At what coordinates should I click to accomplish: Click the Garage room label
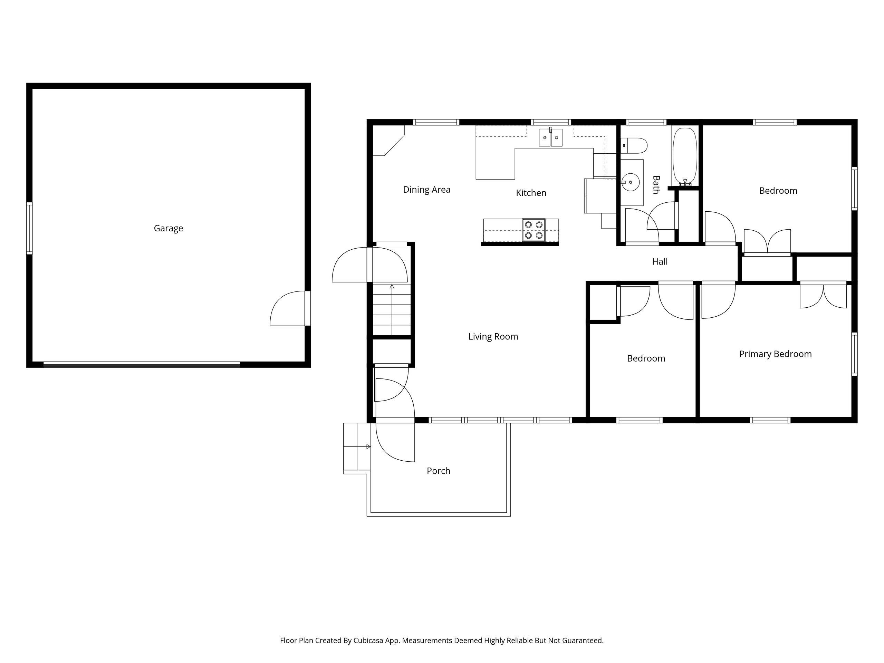coord(168,228)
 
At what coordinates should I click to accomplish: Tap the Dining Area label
coord(426,190)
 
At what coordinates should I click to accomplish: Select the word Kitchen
coord(531,193)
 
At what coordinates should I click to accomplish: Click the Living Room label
coord(493,336)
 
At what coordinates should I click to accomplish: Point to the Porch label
coord(439,471)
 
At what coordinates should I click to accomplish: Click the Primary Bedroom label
coord(775,354)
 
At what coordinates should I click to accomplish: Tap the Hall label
coord(660,262)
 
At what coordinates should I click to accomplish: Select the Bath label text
coord(656,185)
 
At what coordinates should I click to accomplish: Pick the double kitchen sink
coord(550,137)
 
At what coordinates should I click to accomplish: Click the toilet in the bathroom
coord(634,146)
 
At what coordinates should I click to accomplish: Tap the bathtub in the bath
coord(685,157)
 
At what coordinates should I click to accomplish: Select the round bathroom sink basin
coord(631,182)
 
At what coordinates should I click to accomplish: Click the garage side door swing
coord(288,308)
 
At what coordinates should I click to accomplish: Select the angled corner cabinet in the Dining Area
coord(388,140)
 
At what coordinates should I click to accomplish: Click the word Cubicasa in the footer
coord(368,641)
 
